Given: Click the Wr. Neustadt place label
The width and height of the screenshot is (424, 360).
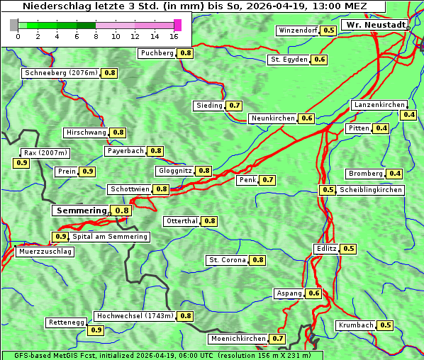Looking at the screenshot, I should [375, 25].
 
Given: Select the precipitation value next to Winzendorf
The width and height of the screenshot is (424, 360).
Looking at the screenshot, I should [328, 30].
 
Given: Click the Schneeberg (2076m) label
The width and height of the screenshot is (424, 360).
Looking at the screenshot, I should [60, 73].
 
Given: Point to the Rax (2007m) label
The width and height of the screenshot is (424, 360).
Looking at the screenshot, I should [45, 152].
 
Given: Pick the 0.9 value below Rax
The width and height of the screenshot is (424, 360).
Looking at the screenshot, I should [22, 163].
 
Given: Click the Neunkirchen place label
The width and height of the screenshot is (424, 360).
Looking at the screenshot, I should [273, 118].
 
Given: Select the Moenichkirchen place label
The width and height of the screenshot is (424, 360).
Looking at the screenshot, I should [238, 339].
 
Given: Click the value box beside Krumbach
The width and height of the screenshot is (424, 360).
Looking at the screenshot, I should [385, 325].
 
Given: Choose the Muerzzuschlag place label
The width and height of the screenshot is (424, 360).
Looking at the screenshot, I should [45, 252].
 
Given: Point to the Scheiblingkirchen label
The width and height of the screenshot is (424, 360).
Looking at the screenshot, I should [369, 190].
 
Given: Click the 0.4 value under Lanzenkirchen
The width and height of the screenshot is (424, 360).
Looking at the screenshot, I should [408, 115].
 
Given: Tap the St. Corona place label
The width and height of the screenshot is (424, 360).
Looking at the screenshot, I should [227, 260].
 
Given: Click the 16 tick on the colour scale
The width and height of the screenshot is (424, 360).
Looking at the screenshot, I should [175, 36].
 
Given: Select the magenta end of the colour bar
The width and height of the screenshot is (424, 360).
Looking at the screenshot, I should [177, 25].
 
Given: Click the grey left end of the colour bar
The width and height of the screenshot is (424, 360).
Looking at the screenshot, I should [14, 25].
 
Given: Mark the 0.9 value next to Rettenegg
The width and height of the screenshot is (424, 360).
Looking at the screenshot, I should [95, 330].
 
